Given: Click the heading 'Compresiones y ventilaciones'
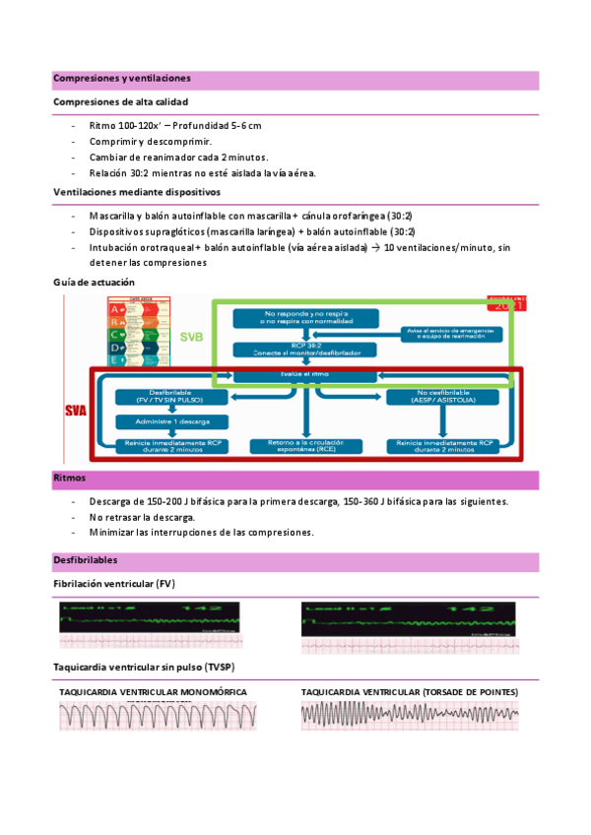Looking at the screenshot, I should coord(122,78).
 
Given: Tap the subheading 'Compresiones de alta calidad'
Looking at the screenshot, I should coord(120,101).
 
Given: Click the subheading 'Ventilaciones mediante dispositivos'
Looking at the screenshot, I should coord(137,192).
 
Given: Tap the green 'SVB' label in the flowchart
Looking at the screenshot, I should coord(193,337).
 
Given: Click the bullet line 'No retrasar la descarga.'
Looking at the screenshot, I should coord(142,517).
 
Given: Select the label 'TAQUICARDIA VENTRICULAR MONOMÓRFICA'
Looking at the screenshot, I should coord(153,692).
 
